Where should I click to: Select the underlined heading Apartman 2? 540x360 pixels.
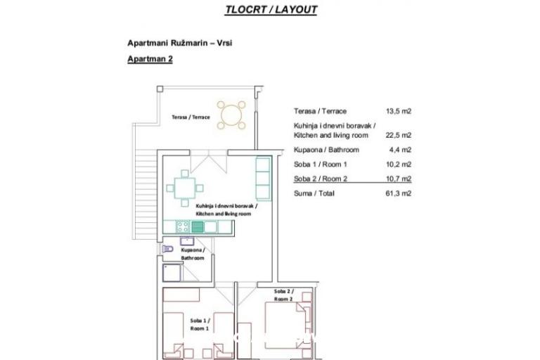tap(150, 60)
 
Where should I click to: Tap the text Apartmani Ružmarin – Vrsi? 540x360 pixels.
tap(179, 43)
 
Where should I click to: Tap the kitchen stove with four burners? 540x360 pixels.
tap(182, 226)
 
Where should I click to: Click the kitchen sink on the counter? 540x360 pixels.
tap(198, 226)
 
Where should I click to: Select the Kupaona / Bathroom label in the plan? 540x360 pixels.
tap(193, 254)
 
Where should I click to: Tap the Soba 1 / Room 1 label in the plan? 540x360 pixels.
tap(200, 324)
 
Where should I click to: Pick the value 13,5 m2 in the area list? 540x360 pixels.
tap(398, 111)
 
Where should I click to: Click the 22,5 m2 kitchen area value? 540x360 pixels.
tap(398, 135)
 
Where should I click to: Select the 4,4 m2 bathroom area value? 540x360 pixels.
tap(400, 150)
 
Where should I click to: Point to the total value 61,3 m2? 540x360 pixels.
tap(398, 193)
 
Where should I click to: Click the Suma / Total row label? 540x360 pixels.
tap(315, 193)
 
